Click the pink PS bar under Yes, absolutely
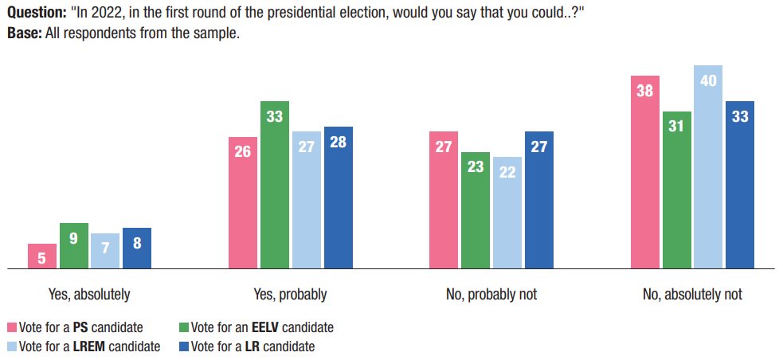(x=42, y=256)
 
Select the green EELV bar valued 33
(x=275, y=185)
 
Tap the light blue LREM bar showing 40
(x=708, y=167)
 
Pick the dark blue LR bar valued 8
(x=137, y=248)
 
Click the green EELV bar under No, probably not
(x=476, y=210)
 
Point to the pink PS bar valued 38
(x=644, y=173)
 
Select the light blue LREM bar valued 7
(x=105, y=251)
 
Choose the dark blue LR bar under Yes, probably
(x=338, y=198)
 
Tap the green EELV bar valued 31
(x=676, y=190)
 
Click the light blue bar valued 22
(x=507, y=213)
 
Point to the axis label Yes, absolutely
(x=89, y=295)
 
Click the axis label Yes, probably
(x=290, y=295)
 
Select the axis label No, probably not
(x=491, y=295)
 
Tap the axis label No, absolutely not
(x=692, y=295)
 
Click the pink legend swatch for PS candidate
(x=12, y=327)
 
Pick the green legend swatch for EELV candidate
(x=185, y=327)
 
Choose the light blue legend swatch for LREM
(x=12, y=346)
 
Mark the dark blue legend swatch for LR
(x=185, y=346)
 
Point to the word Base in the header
(x=22, y=34)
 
